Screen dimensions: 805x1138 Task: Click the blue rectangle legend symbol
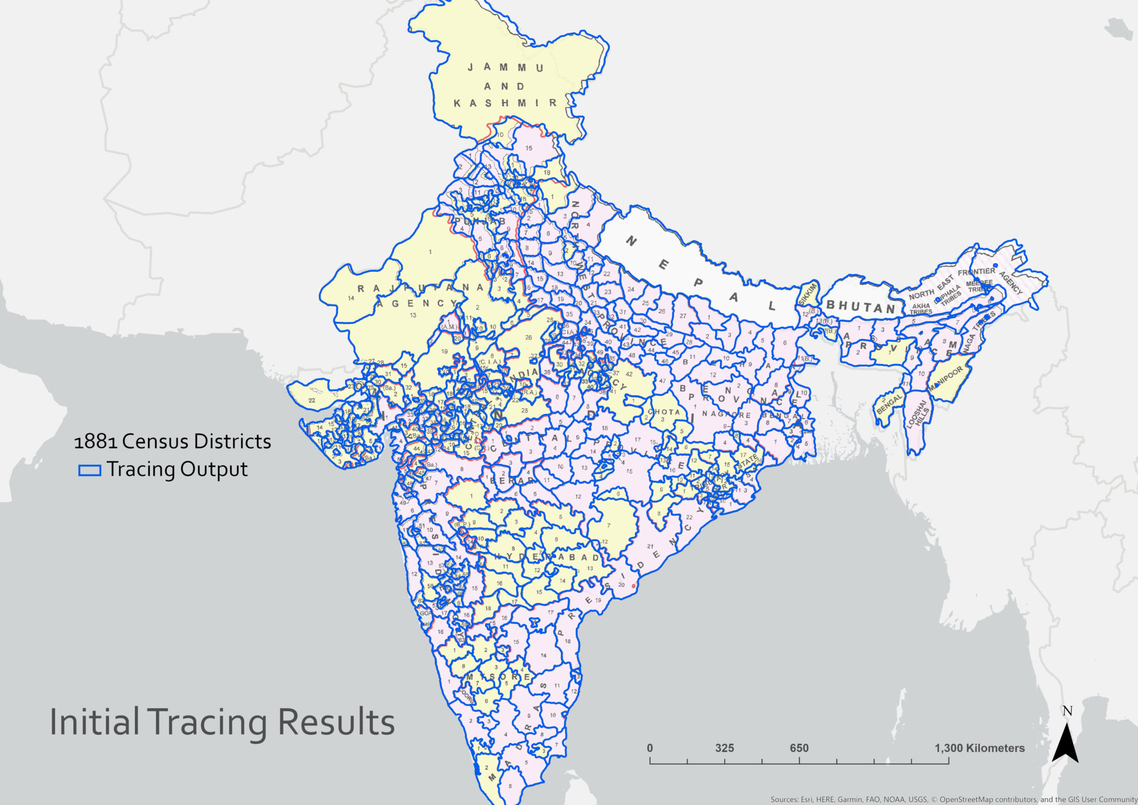click(89, 470)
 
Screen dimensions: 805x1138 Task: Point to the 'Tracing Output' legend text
click(177, 469)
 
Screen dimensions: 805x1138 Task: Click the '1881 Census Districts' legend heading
click(172, 441)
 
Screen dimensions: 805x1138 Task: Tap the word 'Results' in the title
click(336, 722)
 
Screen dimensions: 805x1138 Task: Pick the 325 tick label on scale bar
click(725, 748)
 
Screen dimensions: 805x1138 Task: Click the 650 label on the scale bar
click(799, 748)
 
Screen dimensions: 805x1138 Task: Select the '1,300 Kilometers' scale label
click(979, 748)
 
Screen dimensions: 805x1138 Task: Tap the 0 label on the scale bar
click(650, 748)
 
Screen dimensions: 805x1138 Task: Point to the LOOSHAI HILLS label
click(918, 414)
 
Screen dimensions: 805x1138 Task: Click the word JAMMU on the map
click(505, 67)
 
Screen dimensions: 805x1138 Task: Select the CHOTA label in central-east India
click(664, 412)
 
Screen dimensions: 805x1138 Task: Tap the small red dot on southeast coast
click(633, 586)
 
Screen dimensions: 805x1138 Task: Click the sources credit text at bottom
click(954, 799)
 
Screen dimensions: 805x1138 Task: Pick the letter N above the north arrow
click(1067, 711)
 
